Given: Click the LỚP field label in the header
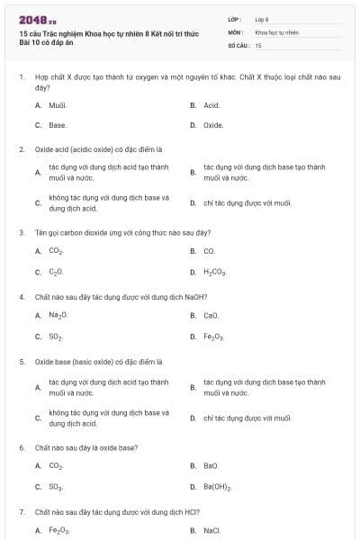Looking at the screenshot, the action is (x=234, y=18).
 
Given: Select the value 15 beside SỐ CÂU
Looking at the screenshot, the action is (x=258, y=44).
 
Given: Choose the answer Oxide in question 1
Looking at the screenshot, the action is (x=213, y=125).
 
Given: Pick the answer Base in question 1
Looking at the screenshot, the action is (x=58, y=125).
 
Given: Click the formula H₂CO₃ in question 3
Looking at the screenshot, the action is (x=215, y=271).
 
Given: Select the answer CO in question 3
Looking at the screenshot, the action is (x=209, y=251).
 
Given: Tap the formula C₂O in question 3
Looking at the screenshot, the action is (x=56, y=271).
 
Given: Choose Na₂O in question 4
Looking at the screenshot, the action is (x=58, y=316).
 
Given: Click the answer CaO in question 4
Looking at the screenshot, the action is (x=211, y=316).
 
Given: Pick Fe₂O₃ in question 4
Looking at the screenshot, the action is (x=214, y=337).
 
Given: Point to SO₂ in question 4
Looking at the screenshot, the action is (x=56, y=337).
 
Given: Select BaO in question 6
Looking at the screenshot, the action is (x=211, y=466).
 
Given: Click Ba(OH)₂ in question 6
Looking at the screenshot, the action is (x=218, y=487).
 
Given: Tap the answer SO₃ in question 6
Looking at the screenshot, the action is (x=56, y=487).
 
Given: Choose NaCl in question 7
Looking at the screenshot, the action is (x=212, y=531).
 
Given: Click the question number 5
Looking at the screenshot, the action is (x=22, y=362).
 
